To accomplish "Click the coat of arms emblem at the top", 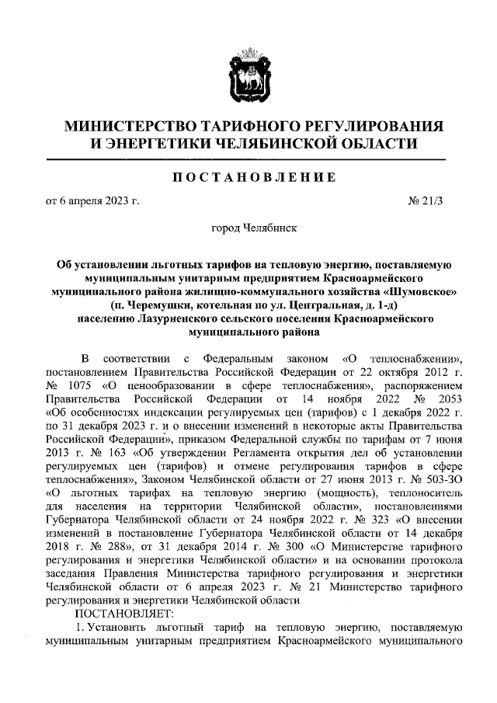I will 248,75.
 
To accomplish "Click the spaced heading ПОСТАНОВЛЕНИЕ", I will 248,177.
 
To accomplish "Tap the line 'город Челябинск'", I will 248,230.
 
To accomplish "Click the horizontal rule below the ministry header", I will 248,159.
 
